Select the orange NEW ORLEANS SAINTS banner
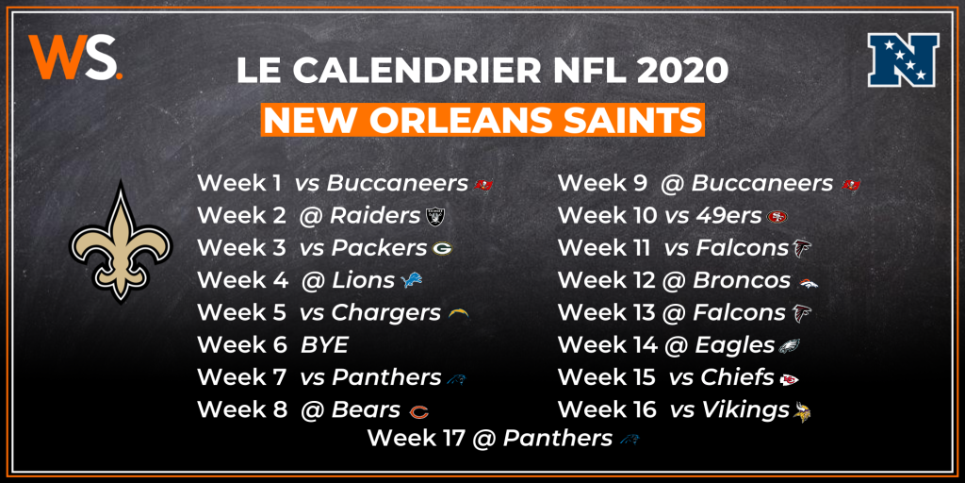[482, 120]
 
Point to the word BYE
[323, 344]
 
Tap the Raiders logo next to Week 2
[435, 216]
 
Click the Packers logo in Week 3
[443, 249]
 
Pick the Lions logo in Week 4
[412, 280]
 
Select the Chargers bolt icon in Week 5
[459, 313]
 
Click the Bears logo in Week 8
[418, 411]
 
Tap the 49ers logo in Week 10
[777, 217]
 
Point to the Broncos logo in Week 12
[808, 282]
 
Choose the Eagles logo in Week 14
[790, 346]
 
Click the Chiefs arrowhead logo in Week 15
[788, 379]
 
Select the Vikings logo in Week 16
[803, 411]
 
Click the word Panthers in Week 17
[557, 438]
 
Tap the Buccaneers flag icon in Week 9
[851, 184]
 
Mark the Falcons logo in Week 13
[802, 313]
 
